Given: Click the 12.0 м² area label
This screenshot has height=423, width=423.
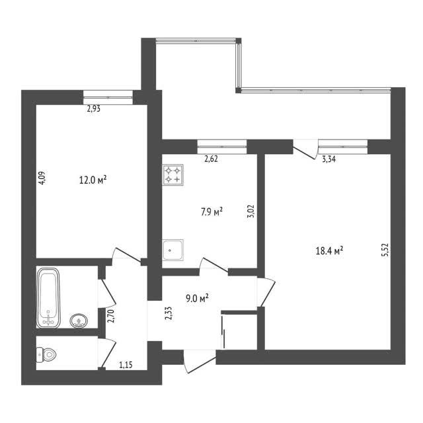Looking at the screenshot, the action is tap(93, 180).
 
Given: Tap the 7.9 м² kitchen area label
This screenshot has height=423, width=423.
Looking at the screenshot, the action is tap(211, 212).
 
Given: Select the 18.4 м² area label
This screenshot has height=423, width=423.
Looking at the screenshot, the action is tap(329, 251).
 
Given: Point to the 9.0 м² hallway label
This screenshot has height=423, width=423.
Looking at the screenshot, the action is tap(197, 298).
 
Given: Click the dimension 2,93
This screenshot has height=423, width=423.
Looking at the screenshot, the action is tap(94, 108).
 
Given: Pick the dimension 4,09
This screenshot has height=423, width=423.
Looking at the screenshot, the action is tap(42, 178).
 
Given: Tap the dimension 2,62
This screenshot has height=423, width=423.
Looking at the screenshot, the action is tap(211, 159).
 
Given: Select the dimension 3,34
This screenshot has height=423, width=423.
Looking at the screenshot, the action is tap(329, 159).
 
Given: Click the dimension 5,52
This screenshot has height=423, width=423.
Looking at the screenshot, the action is tap(386, 250).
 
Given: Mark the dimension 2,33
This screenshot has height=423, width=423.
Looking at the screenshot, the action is tap(169, 313).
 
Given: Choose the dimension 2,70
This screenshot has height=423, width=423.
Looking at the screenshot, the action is tap(110, 316).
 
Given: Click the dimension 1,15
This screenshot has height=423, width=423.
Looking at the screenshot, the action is tap(126, 365).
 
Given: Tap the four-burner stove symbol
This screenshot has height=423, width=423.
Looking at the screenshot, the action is tap(173, 174).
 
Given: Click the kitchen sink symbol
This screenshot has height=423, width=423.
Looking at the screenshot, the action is tap(173, 250).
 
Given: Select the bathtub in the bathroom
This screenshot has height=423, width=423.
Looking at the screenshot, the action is tap(48, 298).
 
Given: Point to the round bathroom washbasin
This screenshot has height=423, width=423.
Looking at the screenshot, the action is tap(79, 321).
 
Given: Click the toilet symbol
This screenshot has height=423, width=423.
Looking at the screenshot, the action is tap(46, 354).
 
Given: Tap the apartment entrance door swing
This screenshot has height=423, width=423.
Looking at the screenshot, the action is tap(200, 362).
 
